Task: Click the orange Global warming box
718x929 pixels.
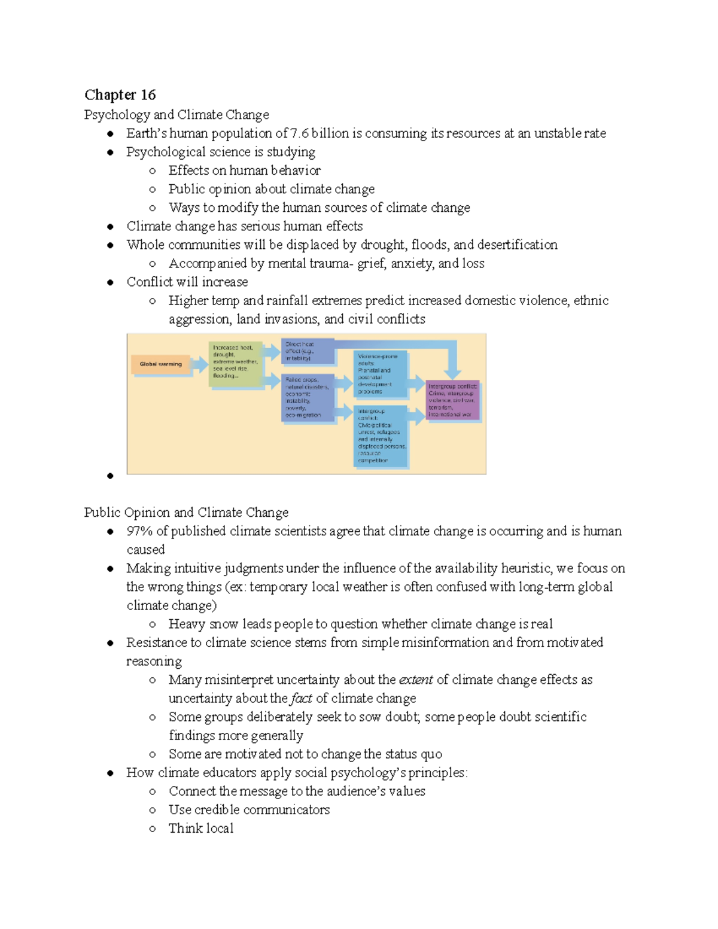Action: (160, 364)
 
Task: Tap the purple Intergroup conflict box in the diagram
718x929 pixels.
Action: (452, 400)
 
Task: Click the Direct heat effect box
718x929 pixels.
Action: (307, 352)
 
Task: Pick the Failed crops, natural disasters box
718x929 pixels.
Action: (307, 397)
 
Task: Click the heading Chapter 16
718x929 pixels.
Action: (120, 95)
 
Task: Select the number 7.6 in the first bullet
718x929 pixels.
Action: (299, 133)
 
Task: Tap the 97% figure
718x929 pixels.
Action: (139, 531)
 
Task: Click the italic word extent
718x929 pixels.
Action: (415, 680)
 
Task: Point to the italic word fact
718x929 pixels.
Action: (302, 698)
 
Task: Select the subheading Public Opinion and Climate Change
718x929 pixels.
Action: (186, 512)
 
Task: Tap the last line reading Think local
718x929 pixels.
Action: (201, 828)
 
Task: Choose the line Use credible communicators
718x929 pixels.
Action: (249, 809)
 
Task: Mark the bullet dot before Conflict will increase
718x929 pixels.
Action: (110, 282)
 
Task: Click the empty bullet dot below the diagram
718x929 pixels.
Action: (110, 476)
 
